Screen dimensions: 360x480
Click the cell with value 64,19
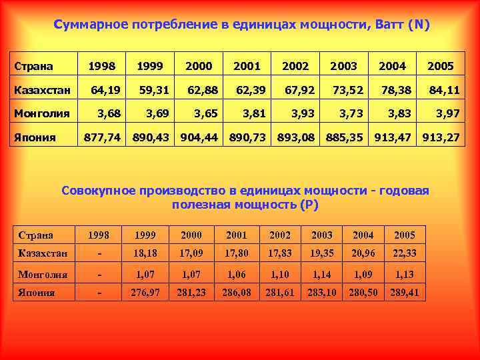106,89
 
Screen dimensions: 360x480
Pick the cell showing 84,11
444,89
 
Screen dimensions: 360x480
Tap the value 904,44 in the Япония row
200,138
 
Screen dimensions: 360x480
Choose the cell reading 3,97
447,113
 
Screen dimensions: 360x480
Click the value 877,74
102,138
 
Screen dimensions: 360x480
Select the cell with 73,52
345,89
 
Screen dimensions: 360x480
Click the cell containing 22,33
404,253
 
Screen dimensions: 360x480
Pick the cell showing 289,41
404,292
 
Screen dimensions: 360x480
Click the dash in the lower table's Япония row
99,292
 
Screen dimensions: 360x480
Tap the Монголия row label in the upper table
42,113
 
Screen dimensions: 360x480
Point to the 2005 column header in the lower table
404,235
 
